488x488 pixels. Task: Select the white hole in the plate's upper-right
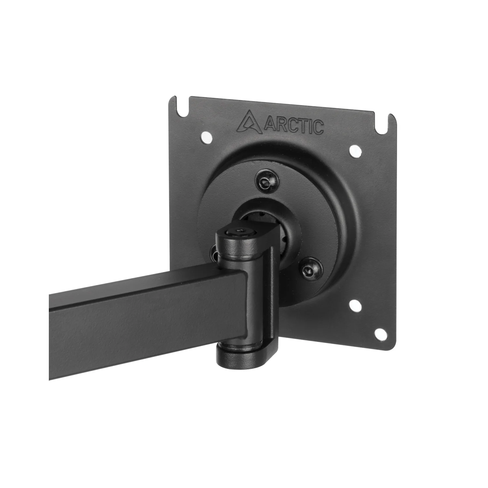point(355,150)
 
